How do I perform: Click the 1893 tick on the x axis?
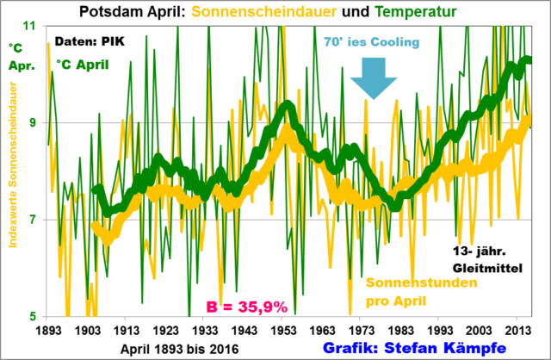point(50,331)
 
